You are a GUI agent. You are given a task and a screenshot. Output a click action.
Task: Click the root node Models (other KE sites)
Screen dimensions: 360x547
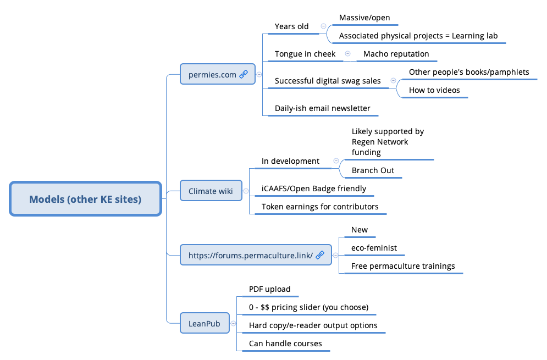coord(85,199)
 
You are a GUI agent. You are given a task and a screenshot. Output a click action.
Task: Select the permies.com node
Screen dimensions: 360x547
coord(212,74)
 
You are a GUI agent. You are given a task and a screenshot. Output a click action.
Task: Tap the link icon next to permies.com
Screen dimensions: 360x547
coord(244,74)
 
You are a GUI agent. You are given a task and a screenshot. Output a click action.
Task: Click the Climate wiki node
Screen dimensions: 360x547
coord(211,191)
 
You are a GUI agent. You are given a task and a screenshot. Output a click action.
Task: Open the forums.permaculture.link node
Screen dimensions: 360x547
coord(251,255)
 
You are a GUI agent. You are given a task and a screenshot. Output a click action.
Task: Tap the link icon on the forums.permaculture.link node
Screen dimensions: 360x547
coord(320,255)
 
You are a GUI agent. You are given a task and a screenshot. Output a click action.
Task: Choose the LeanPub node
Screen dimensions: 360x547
coord(204,324)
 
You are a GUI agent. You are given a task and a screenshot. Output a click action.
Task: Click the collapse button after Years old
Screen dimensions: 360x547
coord(323,26)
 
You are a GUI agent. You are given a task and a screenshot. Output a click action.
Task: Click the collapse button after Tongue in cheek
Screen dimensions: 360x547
coord(347,54)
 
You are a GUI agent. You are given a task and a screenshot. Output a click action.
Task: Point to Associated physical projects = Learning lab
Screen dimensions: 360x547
coord(418,36)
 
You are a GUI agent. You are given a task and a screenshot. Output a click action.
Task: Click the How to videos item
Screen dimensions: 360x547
coord(434,90)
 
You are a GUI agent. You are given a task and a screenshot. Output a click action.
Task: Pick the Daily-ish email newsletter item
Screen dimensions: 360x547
coord(322,108)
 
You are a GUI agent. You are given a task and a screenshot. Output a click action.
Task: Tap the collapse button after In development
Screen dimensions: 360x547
coord(336,161)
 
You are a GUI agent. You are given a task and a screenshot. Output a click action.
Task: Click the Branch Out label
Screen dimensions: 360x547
coord(373,170)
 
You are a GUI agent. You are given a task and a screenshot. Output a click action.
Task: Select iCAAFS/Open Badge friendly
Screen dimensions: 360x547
coord(313,189)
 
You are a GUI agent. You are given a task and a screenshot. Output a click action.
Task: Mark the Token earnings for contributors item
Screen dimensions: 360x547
coord(319,207)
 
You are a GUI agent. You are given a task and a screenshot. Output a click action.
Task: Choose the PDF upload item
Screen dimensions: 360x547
coord(269,289)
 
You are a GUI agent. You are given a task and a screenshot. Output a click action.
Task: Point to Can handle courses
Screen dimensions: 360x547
coord(285,344)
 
